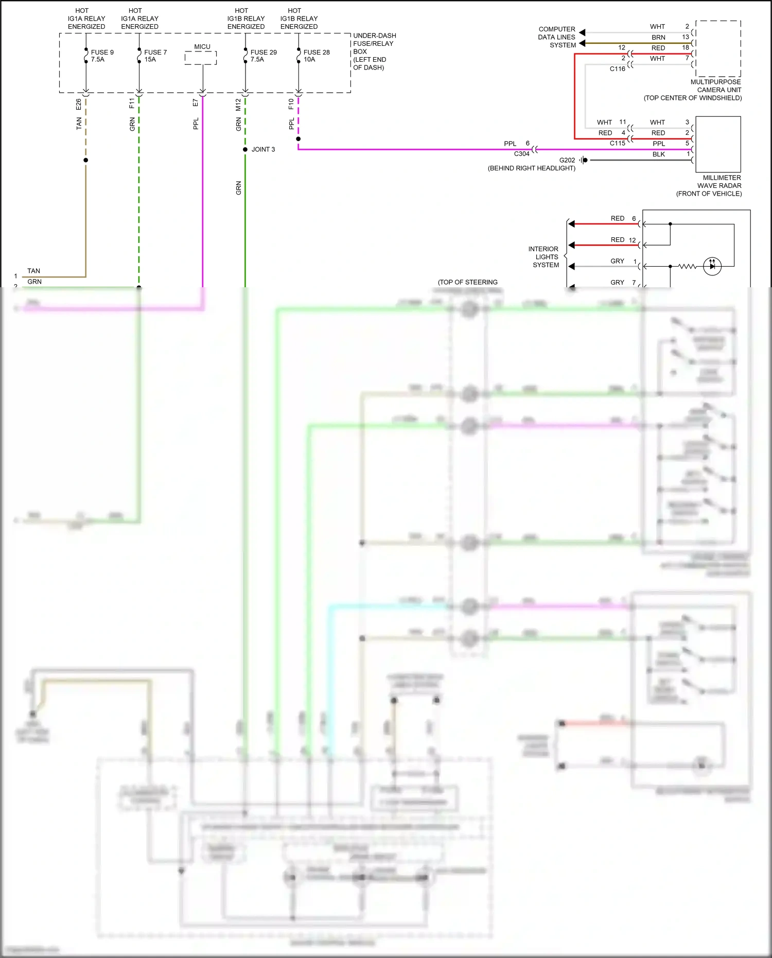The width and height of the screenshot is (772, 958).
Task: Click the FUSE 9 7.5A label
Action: [x=102, y=56]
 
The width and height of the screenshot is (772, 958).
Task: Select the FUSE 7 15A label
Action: [x=155, y=56]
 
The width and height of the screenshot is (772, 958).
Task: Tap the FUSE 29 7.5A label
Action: [x=263, y=56]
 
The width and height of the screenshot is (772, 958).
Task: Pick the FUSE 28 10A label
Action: [x=316, y=56]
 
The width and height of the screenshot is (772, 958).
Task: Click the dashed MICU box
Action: [x=201, y=58]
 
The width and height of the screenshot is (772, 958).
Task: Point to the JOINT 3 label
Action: [x=263, y=149]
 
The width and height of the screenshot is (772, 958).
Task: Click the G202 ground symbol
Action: [x=583, y=160]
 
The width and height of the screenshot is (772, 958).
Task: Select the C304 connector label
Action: [x=521, y=154]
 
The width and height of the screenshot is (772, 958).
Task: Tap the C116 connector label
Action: [x=617, y=69]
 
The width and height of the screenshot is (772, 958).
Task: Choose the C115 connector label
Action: [x=617, y=143]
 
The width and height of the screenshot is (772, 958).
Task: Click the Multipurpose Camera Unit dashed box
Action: [x=718, y=49]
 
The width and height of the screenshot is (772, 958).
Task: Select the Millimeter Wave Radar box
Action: [x=718, y=144]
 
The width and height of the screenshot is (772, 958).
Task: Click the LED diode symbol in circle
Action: [x=712, y=266]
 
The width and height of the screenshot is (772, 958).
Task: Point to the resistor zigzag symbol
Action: [x=687, y=266]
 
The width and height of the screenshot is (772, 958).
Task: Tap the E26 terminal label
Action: [x=79, y=104]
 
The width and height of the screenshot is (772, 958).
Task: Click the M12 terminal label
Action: [x=238, y=104]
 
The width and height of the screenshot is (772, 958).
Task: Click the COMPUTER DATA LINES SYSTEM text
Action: [x=557, y=37]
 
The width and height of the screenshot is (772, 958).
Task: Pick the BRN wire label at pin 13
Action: [x=658, y=38]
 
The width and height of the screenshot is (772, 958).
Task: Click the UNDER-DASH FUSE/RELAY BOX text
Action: [x=374, y=51]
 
